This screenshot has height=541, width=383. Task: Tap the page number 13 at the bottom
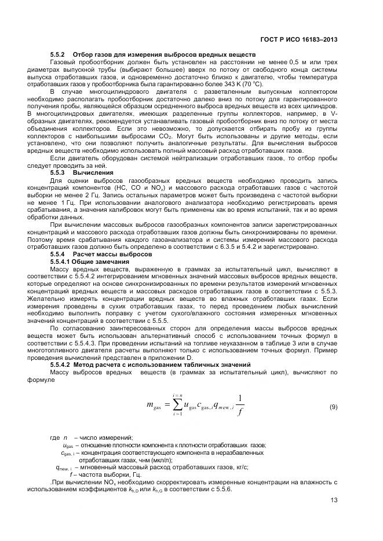[334, 501]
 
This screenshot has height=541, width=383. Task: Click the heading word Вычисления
[89, 172]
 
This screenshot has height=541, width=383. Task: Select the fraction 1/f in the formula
[240, 407]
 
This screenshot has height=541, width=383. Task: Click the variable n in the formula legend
[65, 437]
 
